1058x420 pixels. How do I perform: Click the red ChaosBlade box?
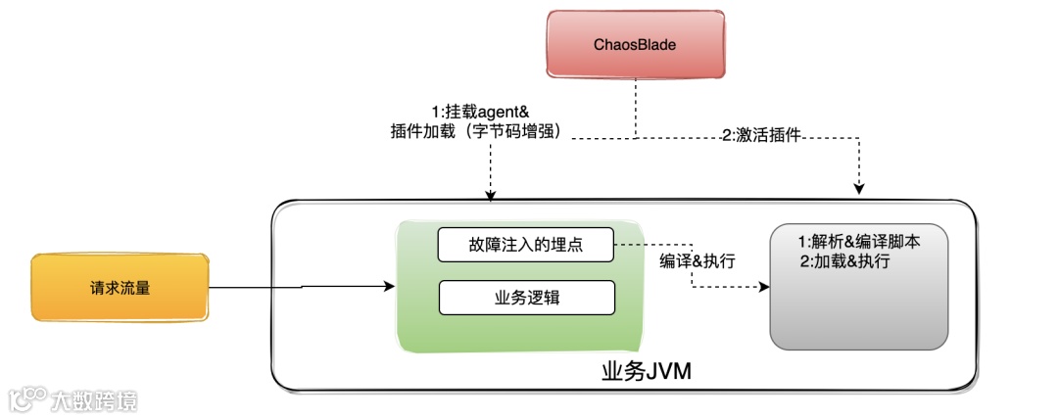click(x=635, y=45)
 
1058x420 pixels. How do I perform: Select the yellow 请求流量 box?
click(x=120, y=288)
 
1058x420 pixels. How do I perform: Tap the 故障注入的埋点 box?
click(x=526, y=245)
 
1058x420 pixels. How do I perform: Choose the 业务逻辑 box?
click(x=526, y=298)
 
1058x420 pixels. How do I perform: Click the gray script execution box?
click(x=859, y=286)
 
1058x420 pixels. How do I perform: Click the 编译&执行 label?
click(x=697, y=261)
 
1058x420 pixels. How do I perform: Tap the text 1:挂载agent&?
click(x=481, y=113)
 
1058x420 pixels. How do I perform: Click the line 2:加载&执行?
click(x=844, y=261)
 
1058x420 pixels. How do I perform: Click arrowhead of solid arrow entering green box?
click(x=391, y=288)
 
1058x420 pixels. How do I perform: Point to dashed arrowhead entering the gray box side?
click(x=764, y=288)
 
